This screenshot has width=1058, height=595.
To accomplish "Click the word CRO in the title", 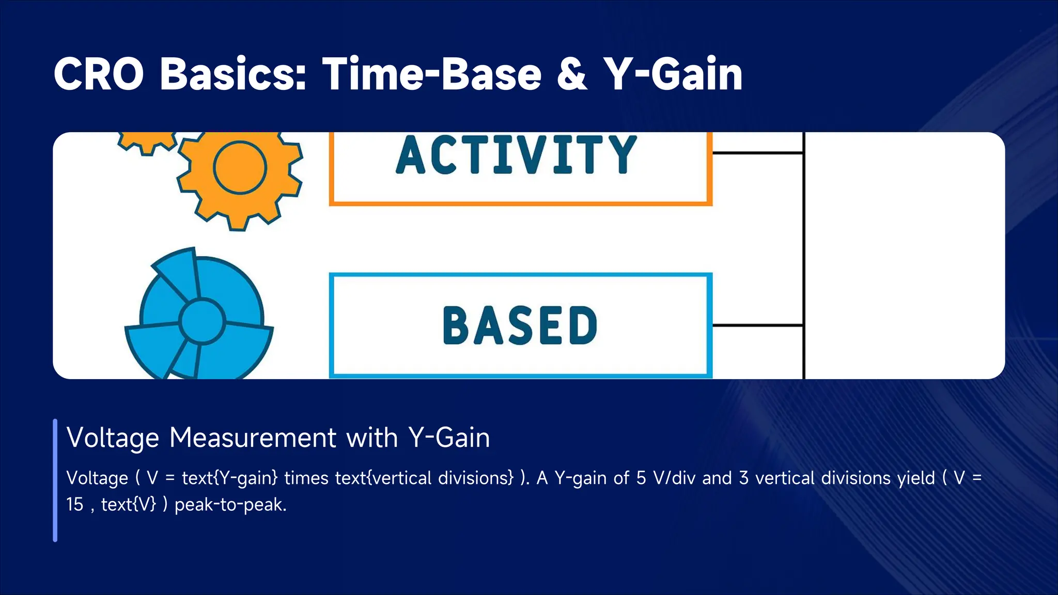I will pos(98,74).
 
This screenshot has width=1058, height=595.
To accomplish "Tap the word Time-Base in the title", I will pos(432,74).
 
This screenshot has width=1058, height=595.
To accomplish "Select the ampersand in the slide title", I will pos(572,74).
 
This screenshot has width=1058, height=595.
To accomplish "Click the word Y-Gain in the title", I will pos(673,74).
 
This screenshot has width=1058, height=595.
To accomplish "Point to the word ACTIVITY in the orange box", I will pos(517,155).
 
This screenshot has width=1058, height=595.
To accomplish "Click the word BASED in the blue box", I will pos(520,325).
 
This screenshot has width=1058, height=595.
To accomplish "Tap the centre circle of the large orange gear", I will pos(240,167).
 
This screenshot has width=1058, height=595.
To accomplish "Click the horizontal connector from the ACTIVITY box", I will pos(757,153).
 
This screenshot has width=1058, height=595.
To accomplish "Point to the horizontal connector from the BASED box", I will pos(757,325).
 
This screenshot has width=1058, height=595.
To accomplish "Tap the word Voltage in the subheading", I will pos(113,438).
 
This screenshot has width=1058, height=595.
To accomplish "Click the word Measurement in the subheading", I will pos(253,438).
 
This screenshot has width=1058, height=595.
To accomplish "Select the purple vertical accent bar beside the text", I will pos(55,480).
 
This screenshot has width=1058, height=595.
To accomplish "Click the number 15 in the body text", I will pos(75,505).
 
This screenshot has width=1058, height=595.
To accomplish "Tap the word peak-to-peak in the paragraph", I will pos(230,505).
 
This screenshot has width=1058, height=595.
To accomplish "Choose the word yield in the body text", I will pos(916,478).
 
